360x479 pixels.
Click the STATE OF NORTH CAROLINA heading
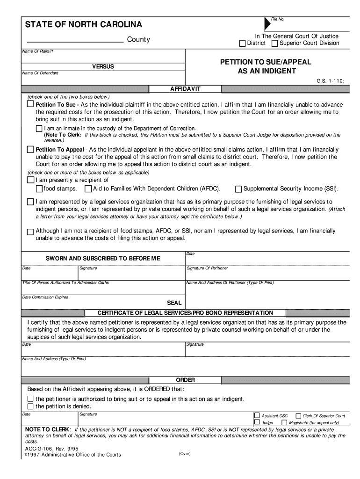click(x=83, y=24)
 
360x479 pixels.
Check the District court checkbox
click(x=242, y=44)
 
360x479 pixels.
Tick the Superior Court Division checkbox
click(x=274, y=44)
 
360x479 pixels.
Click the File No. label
click(x=278, y=19)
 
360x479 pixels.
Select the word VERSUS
click(x=102, y=67)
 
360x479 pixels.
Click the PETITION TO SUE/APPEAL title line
click(x=266, y=62)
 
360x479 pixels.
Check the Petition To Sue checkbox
click(x=30, y=105)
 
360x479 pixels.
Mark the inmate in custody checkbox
click(x=39, y=129)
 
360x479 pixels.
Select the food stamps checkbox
click(x=39, y=189)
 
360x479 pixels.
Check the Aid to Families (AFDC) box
click(x=88, y=189)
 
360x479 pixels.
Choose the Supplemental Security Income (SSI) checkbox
click(x=238, y=189)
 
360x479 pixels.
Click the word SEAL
click(x=174, y=303)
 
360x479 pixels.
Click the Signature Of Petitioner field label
click(x=208, y=268)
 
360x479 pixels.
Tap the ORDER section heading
click(x=185, y=380)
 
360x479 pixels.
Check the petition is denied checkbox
click(x=30, y=406)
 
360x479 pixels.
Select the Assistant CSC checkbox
click(x=257, y=415)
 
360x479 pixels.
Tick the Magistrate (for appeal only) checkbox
click(x=284, y=422)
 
